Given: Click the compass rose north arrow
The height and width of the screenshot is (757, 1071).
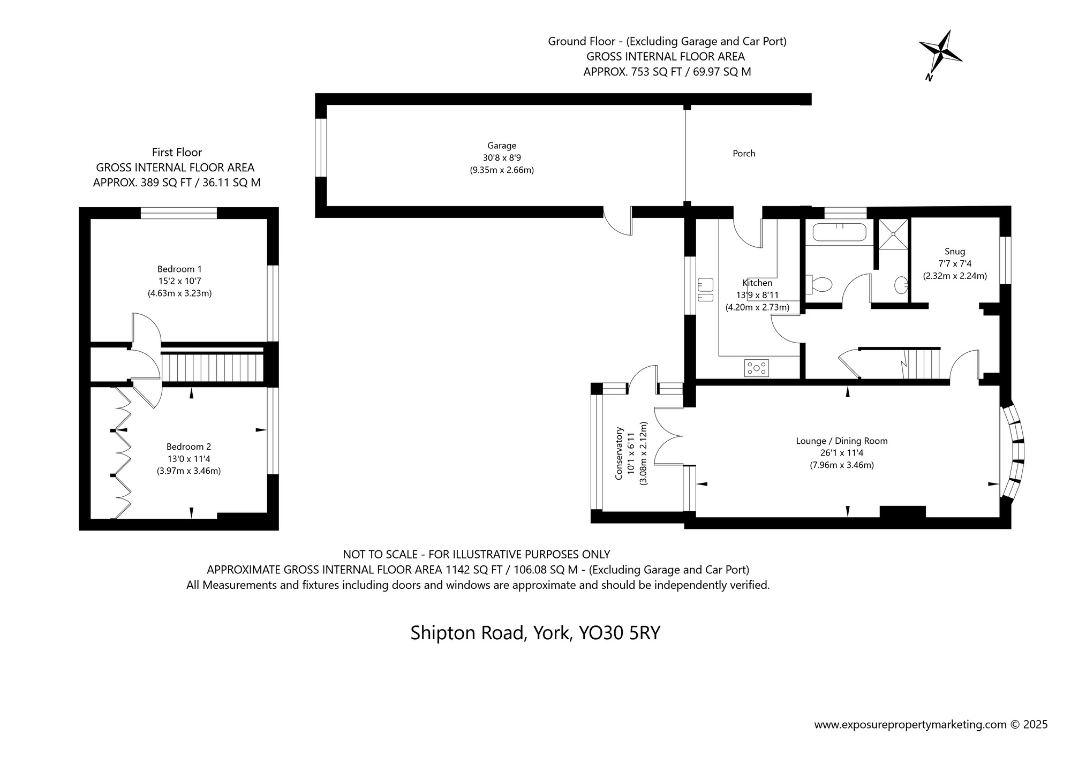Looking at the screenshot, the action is (x=940, y=54).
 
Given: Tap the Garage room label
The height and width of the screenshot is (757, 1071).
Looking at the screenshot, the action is (x=502, y=146).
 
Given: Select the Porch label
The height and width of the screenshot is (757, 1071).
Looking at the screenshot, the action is (x=744, y=154).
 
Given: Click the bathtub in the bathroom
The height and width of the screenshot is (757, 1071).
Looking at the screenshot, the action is (x=839, y=233).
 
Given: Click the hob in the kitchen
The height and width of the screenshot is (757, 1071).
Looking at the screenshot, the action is (x=757, y=368).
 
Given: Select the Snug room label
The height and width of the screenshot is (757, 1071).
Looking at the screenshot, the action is (x=955, y=252).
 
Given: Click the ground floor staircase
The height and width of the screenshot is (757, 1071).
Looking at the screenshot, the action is (x=922, y=364).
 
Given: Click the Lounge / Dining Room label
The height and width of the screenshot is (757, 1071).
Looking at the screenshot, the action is (x=842, y=441).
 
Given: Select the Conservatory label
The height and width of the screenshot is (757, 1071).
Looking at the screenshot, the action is (x=619, y=453).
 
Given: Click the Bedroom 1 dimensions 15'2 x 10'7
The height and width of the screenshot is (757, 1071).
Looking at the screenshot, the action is (x=179, y=281).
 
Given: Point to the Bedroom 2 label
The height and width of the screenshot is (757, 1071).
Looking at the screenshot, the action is (x=188, y=446).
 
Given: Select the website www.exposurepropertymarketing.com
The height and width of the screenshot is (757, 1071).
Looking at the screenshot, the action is (x=910, y=725).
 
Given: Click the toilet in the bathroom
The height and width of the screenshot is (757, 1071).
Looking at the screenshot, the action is (x=819, y=284).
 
